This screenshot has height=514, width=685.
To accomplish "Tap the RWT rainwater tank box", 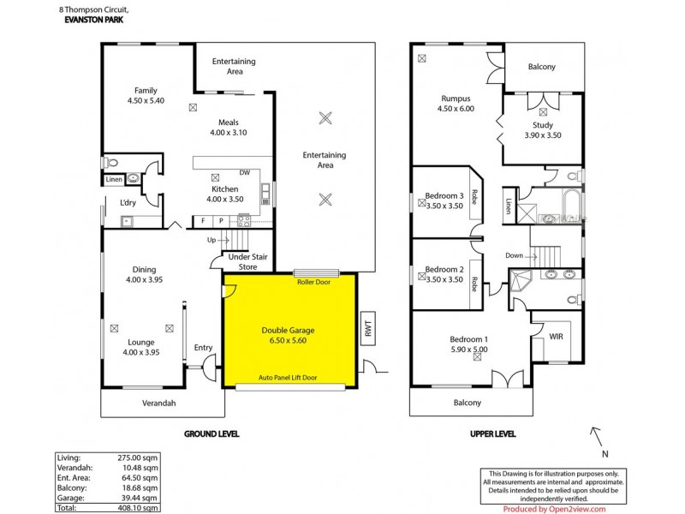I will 368,328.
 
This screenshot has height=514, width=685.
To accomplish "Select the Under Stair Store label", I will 247,262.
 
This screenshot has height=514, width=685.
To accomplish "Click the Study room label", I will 543,130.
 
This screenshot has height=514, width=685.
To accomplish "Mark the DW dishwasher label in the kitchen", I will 245,172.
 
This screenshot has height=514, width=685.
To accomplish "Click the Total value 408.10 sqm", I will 137,508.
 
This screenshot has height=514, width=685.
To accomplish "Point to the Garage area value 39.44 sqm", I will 140,498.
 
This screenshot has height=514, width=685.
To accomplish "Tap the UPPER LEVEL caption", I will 492,433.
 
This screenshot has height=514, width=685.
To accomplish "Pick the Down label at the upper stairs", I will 515,255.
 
